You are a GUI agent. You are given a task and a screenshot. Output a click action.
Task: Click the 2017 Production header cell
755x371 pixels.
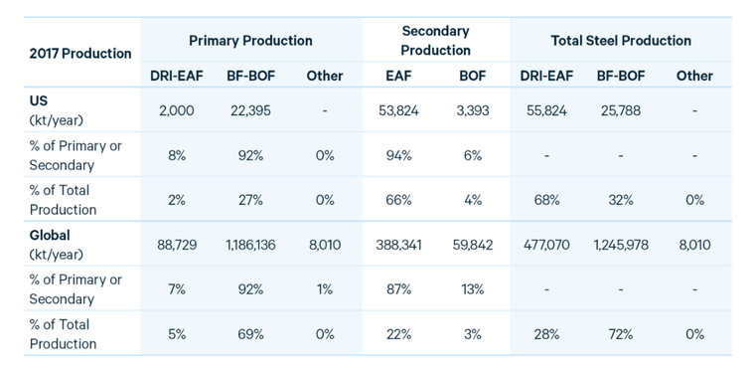pyautogui.click(x=80, y=53)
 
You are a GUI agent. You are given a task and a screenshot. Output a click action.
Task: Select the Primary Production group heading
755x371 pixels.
pyautogui.click(x=250, y=41)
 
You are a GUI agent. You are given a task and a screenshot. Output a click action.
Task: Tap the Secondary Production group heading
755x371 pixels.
pyautogui.click(x=435, y=41)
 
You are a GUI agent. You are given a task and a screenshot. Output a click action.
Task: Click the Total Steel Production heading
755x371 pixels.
pyautogui.click(x=620, y=41)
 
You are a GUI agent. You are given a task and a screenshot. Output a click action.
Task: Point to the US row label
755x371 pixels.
pyautogui.click(x=39, y=101)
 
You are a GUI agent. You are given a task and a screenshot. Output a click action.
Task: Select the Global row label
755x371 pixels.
pyautogui.click(x=50, y=236)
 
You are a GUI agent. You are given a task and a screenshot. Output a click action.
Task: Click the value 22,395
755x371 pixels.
pyautogui.click(x=250, y=110)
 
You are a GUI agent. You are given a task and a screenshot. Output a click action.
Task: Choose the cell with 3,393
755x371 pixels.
pyautogui.click(x=471, y=110)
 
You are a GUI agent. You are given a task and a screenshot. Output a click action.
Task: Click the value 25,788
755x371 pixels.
pyautogui.click(x=620, y=110)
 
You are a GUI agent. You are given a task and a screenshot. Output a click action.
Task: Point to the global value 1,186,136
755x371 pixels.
pyautogui.click(x=250, y=245)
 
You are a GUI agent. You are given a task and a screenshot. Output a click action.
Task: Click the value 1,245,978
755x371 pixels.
pyautogui.click(x=620, y=245)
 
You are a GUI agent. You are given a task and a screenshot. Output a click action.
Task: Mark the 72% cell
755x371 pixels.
pyautogui.click(x=620, y=334)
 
